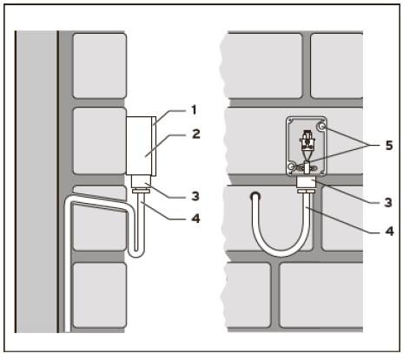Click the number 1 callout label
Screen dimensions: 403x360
coord(194,110)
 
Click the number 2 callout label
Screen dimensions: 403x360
coord(196,134)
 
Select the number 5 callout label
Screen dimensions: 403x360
coord(389,145)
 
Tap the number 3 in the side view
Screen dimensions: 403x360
coord(195,196)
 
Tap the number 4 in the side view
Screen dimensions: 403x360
coord(196,219)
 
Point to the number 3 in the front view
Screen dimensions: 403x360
coord(388,202)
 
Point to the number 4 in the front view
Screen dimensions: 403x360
coord(389,231)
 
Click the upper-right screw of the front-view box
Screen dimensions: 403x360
coord(321,127)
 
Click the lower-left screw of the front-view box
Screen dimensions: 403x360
coord(292,167)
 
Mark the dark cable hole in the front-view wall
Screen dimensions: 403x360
coord(254,196)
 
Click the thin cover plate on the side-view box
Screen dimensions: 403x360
coord(154,146)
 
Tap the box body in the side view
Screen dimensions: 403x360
coord(139,146)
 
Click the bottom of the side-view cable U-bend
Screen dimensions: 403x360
coord(135,255)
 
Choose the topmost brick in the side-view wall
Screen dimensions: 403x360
coord(100,66)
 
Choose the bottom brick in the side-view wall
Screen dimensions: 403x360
coord(100,295)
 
